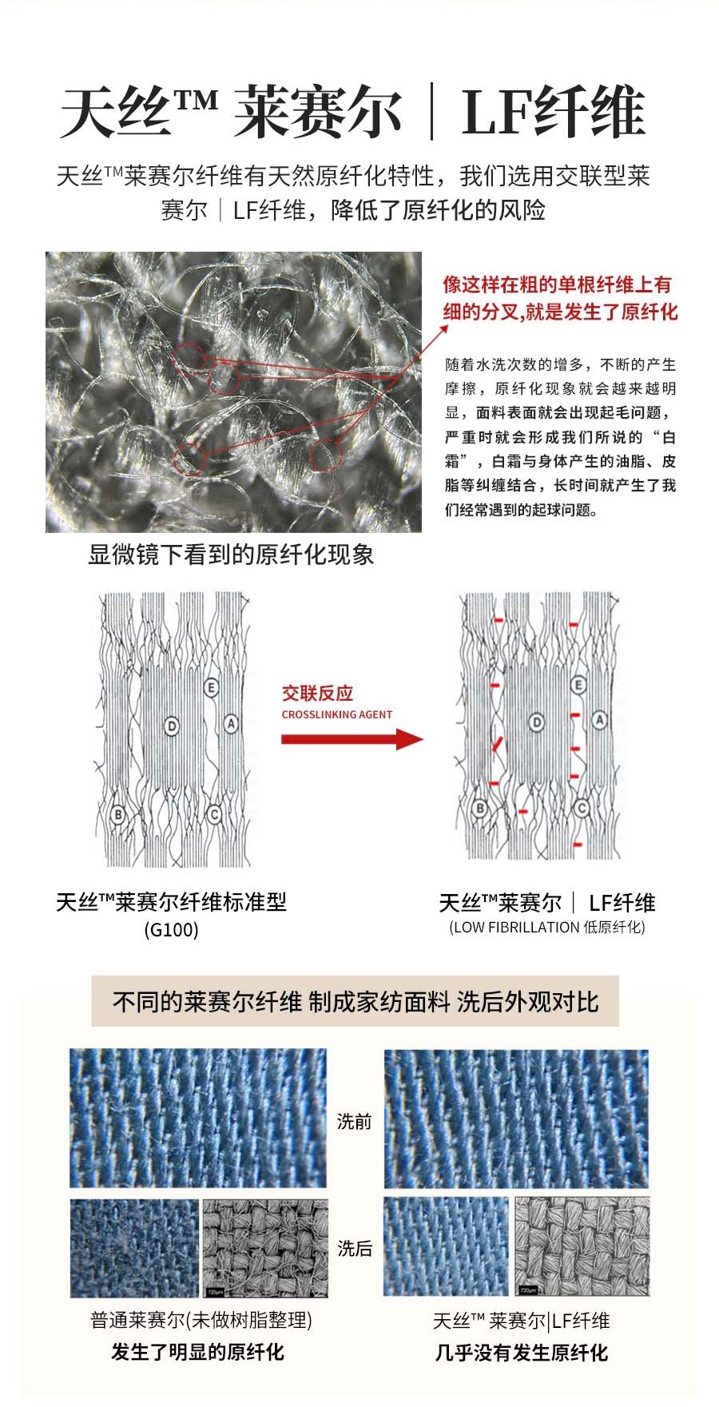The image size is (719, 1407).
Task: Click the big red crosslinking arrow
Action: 352,739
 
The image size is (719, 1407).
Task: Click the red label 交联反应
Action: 317,694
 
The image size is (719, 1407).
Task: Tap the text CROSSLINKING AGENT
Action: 337,714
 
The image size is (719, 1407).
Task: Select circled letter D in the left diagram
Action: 172,725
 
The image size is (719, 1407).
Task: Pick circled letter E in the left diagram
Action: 211,687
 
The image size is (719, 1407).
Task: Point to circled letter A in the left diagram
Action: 231,724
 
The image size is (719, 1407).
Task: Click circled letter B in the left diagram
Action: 118,814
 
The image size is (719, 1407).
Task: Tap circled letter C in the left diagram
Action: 213,814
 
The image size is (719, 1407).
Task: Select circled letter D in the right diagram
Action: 537,723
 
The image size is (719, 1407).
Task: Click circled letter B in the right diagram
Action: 480,809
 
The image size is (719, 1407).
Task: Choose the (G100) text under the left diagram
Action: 171,930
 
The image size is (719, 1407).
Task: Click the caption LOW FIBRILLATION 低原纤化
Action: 547,928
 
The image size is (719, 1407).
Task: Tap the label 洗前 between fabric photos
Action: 354,1122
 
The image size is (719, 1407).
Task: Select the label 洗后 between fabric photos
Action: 354,1248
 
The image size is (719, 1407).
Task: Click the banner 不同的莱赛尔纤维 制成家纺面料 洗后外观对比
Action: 356,1001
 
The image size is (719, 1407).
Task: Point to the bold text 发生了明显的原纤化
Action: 197,1353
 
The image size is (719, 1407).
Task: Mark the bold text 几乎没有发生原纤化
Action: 522,1353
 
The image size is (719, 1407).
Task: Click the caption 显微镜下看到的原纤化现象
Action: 231,555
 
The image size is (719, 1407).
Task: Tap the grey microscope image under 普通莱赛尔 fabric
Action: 265,1248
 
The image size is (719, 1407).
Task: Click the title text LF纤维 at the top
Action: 553,113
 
